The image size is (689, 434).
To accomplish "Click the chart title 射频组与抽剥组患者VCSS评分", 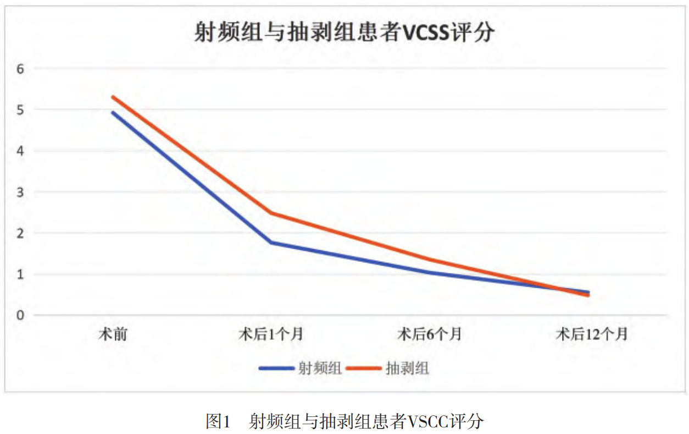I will pos(344,32).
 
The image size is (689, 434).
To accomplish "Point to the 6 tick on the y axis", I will pos(21,69).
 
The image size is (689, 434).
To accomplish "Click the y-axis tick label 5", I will pos(21,109).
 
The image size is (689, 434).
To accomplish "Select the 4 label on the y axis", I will pos(21,151).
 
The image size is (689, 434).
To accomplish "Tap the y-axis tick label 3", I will pos(21,192).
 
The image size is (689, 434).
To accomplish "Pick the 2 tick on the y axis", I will pos(21,233).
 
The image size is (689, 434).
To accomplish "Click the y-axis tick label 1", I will pos(21,274).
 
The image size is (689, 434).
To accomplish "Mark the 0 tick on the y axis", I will pos(21,315).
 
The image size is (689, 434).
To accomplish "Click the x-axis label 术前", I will pos(113,334).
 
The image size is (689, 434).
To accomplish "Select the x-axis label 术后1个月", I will pos(271,334).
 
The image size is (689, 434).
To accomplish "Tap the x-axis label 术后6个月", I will pos(430,334).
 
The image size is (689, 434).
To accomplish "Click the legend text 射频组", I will pos(320,368).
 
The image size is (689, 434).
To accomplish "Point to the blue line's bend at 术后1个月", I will pos(271,243).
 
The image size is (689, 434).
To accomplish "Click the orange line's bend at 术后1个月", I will pos(271,213).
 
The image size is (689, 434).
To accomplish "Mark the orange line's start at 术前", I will pos(113,97).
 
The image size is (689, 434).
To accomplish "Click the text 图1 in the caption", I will pos(217,421).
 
